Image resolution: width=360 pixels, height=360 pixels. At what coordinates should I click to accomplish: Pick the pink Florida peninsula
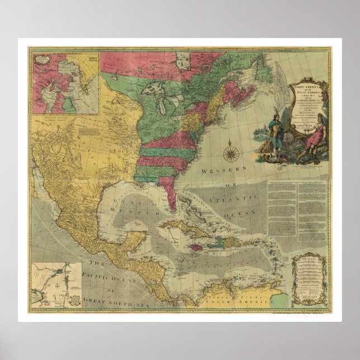pyautogui.click(x=168, y=193)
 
